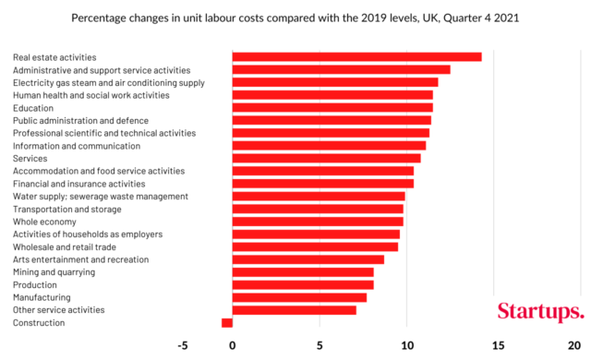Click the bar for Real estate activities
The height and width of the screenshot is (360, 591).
(x=356, y=57)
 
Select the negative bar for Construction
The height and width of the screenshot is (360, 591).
(x=227, y=323)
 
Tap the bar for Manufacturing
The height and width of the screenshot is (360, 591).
(x=299, y=297)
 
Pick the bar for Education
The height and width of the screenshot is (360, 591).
(x=332, y=108)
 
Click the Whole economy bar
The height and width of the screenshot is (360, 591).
(x=318, y=222)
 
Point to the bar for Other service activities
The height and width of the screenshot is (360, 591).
(x=294, y=310)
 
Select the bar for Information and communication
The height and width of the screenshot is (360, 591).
(x=329, y=146)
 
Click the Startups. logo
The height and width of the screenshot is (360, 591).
(x=540, y=311)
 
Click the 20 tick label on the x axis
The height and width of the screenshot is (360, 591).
(x=573, y=346)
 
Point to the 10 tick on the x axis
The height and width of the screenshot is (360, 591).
(x=407, y=346)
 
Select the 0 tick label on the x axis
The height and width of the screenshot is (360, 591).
(x=233, y=346)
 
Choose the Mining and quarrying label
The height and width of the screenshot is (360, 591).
(x=54, y=272)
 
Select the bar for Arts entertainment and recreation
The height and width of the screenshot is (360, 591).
(x=308, y=259)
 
